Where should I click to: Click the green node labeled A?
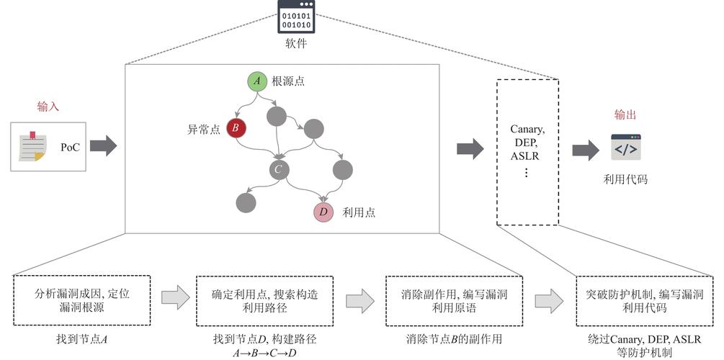coord(257,81)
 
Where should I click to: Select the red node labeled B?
coord(236,128)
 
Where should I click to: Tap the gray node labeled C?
coord(279,170)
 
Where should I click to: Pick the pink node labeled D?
coord(323,212)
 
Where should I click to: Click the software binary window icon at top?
coord(296,17)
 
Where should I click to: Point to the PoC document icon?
coord(33,147)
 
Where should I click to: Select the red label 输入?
coord(48,107)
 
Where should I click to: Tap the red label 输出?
coord(625,114)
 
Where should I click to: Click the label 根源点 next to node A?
coord(288,81)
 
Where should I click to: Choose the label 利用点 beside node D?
coord(359,212)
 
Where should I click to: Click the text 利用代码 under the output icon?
coord(625,179)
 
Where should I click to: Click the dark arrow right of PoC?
coord(103,147)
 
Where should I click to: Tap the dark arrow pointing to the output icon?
coord(585,150)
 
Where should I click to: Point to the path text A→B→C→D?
coord(264,352)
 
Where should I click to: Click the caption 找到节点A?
coord(81,338)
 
